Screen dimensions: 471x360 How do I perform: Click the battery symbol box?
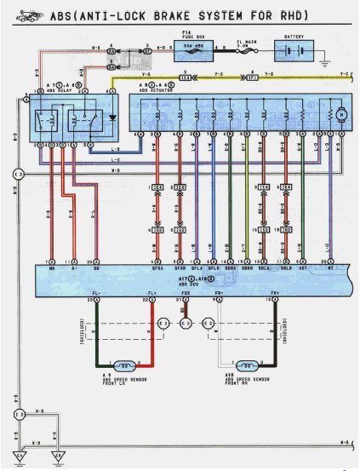tap(294, 50)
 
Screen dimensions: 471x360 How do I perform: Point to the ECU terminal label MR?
tap(53, 268)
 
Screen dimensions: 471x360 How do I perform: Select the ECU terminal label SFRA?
tap(157, 268)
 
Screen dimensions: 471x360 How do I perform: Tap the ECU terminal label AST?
tap(304, 268)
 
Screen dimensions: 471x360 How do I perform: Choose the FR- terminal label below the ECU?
tap(219, 294)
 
